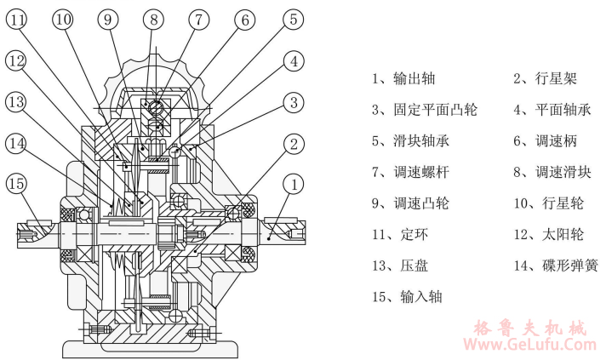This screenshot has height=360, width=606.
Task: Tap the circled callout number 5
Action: point(292,19)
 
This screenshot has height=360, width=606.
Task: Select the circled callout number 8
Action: point(153,19)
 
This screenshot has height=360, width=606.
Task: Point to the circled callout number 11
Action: point(19,19)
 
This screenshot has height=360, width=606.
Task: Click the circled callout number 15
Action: point(17,183)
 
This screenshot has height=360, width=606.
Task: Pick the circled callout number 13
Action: point(17,102)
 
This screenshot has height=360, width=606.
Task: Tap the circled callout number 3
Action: point(292,102)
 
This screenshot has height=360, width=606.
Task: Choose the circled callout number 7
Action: point(198,19)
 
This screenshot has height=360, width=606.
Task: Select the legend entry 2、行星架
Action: point(545,78)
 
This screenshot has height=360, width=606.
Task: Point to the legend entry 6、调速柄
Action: point(545,140)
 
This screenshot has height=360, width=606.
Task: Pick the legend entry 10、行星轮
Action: point(548,203)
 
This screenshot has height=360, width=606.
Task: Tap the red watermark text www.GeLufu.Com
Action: point(534,345)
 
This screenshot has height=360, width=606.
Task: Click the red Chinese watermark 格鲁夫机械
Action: point(534,327)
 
